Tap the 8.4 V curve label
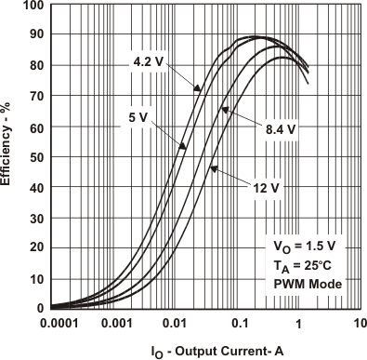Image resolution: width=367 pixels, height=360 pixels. (x=278, y=129)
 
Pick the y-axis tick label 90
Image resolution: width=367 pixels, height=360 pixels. (x=36, y=36)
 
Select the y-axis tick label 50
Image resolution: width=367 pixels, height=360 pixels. (x=36, y=157)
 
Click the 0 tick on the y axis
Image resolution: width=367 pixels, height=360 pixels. (x=40, y=308)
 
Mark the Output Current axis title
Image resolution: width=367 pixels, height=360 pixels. (x=205, y=351)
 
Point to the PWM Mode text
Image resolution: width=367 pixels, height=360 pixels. (x=306, y=283)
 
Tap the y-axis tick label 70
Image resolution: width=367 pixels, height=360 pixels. (x=36, y=97)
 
